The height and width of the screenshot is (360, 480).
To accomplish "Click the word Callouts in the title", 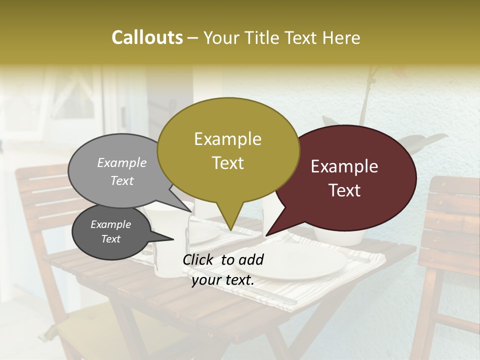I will [x=147, y=37].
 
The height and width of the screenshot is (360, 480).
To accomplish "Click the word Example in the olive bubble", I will [x=227, y=139].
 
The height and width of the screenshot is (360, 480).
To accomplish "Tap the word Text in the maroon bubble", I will [x=344, y=190].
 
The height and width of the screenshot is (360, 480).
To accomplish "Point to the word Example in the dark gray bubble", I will [x=110, y=224].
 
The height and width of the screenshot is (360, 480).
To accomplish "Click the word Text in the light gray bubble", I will [x=122, y=181].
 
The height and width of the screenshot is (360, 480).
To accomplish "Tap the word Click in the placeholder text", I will [x=199, y=259].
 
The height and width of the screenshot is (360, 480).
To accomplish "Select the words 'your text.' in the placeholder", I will [x=223, y=280].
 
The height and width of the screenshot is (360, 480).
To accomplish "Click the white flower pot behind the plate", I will [x=340, y=236].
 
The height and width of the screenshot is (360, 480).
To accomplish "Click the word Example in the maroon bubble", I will [x=344, y=166].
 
